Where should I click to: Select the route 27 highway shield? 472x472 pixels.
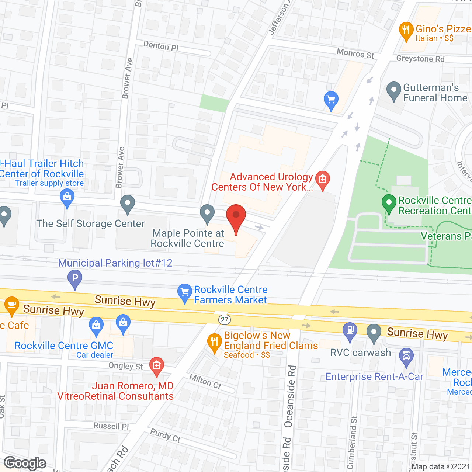(225, 319)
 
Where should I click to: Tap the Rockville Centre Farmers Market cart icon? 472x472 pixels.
(184, 292)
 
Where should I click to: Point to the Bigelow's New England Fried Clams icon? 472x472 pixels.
(214, 342)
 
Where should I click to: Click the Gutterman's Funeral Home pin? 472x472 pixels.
(393, 90)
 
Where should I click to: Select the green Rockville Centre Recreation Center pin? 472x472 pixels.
(389, 203)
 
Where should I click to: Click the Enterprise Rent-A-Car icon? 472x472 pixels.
(406, 357)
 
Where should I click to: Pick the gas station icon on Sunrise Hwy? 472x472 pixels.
(350, 331)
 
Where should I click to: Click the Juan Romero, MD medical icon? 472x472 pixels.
(157, 366)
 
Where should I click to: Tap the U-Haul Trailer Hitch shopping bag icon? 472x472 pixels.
(67, 197)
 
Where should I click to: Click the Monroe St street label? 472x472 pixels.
(355, 53)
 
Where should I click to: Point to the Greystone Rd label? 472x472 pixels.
(420, 59)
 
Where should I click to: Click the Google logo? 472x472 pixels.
(25, 463)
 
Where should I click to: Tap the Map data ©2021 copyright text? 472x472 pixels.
(441, 466)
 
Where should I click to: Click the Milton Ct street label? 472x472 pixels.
(205, 381)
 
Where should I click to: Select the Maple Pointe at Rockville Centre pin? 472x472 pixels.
(207, 213)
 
